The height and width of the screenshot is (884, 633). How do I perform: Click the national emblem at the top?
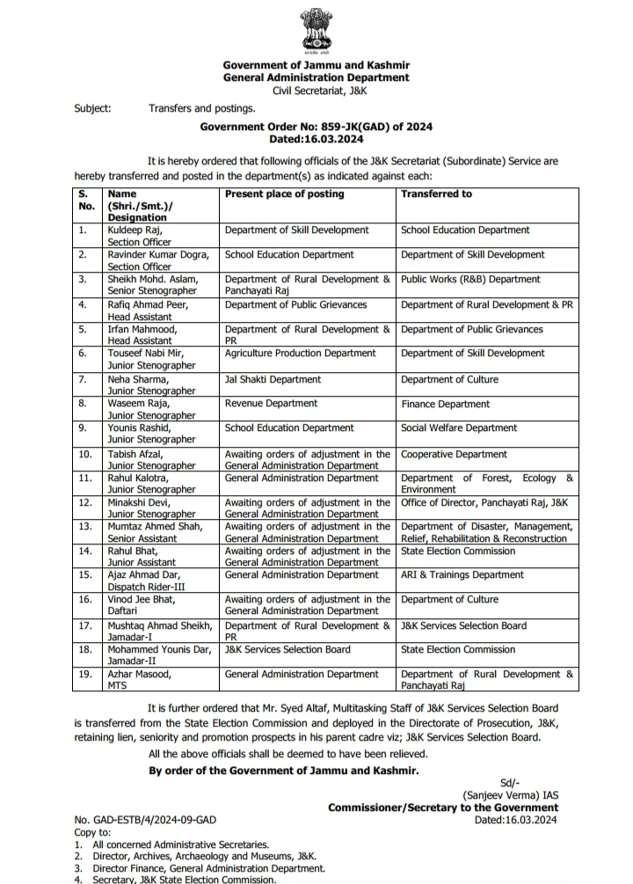point(316,30)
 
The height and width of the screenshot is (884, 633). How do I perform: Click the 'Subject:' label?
point(92,109)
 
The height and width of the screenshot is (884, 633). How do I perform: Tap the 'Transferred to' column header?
point(436,194)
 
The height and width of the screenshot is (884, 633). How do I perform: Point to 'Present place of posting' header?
point(284,194)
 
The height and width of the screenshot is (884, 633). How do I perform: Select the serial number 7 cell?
point(83,379)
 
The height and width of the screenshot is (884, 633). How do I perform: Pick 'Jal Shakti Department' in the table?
point(273,379)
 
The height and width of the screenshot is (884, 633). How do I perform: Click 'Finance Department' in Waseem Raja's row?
point(445,404)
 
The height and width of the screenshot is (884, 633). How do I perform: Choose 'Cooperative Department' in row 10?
point(454,454)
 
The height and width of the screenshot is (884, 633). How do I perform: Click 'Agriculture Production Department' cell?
point(300,353)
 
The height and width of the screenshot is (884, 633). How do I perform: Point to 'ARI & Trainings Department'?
point(462,574)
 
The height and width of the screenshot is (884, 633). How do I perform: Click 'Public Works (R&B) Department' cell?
point(470,279)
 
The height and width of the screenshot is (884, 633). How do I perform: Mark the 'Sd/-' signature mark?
point(510,782)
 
